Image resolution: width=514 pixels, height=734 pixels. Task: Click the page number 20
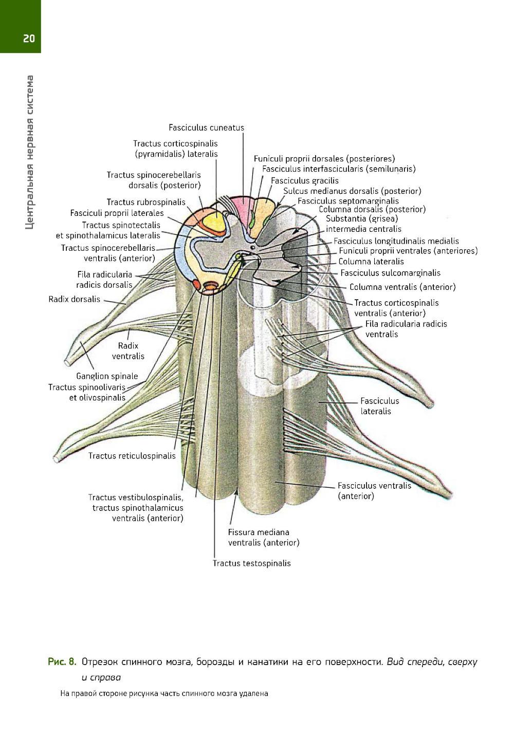(29, 38)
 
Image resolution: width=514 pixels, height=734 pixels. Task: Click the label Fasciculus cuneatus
(206, 127)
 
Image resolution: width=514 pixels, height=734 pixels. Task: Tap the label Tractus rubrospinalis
(146, 202)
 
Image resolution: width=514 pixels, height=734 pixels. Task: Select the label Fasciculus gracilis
(305, 180)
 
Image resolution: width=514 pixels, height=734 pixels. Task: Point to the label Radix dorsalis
(75, 299)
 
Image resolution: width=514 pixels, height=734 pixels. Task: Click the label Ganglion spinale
(107, 376)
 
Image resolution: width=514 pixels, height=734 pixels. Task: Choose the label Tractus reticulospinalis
(132, 455)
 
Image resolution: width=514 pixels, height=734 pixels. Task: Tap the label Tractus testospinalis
(252, 563)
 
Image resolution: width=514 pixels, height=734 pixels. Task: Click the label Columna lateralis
(371, 262)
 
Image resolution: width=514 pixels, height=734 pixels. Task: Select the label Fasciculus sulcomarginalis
(390, 273)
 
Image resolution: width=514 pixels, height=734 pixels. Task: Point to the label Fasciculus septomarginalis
(348, 201)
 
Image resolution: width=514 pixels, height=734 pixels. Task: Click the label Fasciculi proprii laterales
(117, 213)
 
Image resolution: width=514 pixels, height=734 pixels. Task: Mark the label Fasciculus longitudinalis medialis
(396, 241)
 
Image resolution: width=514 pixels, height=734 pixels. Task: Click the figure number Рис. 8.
(62, 661)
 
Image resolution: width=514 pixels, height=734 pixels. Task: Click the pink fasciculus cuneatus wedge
(240, 211)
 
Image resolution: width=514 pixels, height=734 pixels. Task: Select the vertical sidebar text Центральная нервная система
(30, 152)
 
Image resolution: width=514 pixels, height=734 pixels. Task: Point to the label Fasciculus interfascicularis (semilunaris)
(339, 169)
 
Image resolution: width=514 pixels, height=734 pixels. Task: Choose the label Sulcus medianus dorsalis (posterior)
(352, 191)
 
